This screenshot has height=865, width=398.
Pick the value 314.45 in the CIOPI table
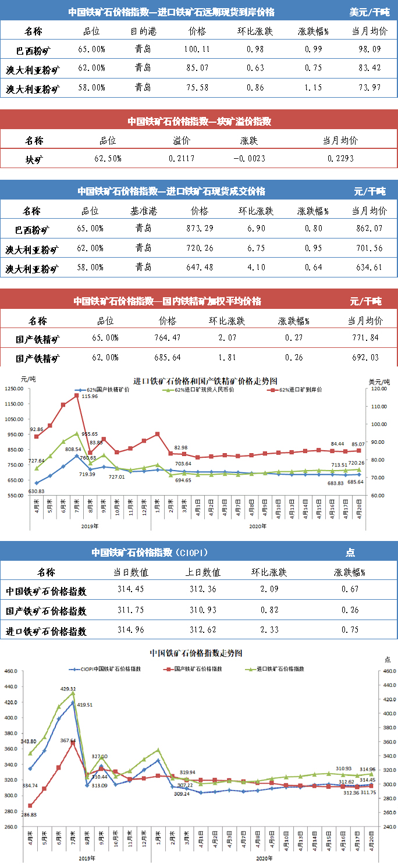click(x=130, y=591)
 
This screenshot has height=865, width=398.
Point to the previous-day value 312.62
click(x=203, y=631)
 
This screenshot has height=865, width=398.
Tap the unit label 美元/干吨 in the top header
click(x=369, y=12)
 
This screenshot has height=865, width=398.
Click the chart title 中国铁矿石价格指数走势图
click(x=196, y=653)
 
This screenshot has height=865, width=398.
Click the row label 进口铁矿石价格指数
click(x=46, y=631)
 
